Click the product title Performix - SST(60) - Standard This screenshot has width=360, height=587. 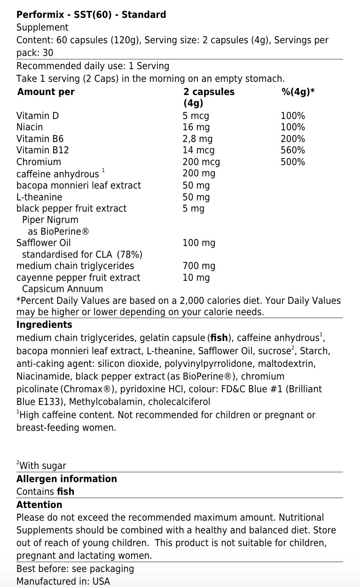point(91,15)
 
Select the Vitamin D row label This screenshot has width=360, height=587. point(38,116)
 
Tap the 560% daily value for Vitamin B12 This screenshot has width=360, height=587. point(292,151)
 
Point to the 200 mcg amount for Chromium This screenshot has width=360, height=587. point(201,162)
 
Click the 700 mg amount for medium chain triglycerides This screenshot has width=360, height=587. point(199,266)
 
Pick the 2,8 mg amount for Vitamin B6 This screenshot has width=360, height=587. point(197,139)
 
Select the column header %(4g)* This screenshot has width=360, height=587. point(297,92)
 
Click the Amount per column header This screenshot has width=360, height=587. point(46,92)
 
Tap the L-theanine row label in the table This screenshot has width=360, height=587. point(39,197)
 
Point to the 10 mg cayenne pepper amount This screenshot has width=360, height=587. point(196,278)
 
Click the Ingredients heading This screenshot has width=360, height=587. point(44,325)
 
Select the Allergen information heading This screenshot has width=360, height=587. point(66,479)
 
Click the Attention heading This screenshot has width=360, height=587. point(39,505)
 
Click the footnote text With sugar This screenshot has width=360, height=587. point(43,466)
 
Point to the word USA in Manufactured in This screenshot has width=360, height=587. point(101,581)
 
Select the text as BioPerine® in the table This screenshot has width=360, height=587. point(58,231)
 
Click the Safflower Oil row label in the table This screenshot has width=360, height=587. point(43,243)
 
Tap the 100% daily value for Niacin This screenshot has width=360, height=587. point(292,127)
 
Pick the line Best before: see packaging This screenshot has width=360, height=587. point(75,569)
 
